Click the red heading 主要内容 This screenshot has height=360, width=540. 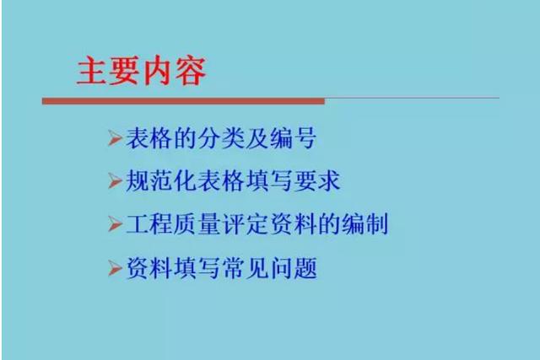click(141, 71)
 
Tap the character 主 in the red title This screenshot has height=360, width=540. click(91, 71)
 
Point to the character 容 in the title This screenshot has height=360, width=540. click(192, 71)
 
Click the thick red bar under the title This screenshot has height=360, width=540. click(183, 101)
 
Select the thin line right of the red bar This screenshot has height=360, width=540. click(412, 98)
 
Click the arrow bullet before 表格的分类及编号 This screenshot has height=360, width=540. click(115, 138)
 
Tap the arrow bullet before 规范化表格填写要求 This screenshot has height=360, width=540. click(115, 180)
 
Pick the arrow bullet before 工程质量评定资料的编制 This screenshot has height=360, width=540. click(115, 224)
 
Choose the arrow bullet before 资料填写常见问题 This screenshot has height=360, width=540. click(115, 268)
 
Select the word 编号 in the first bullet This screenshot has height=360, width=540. click(294, 138)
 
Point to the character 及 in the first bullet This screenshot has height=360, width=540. click(257, 138)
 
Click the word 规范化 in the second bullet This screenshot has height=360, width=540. click(161, 180)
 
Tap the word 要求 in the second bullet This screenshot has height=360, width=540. click(317, 180)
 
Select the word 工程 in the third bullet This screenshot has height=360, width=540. click(149, 224)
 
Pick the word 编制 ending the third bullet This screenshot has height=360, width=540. click(365, 224)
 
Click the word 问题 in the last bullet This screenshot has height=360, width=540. click(294, 268)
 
